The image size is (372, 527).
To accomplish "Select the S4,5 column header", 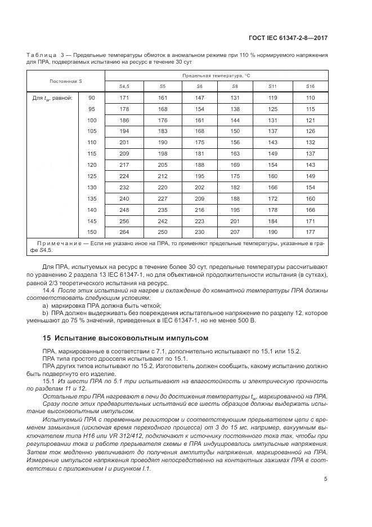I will click(124, 86).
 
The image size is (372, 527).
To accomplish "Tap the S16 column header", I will click(310, 86).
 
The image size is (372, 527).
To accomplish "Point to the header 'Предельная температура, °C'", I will click(216, 75).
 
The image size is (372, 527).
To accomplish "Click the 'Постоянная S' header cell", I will click(66, 81).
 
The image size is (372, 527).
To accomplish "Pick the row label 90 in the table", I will click(92, 98).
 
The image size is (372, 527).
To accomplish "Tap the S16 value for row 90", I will click(310, 98).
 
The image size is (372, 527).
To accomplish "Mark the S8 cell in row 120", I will click(235, 164).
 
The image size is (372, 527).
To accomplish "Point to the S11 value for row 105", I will click(274, 131).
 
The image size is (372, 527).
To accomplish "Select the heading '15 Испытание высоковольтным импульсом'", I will click(126, 338).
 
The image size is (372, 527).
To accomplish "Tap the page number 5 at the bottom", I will click(326, 480).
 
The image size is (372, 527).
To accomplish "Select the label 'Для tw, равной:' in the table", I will click(52, 98).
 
